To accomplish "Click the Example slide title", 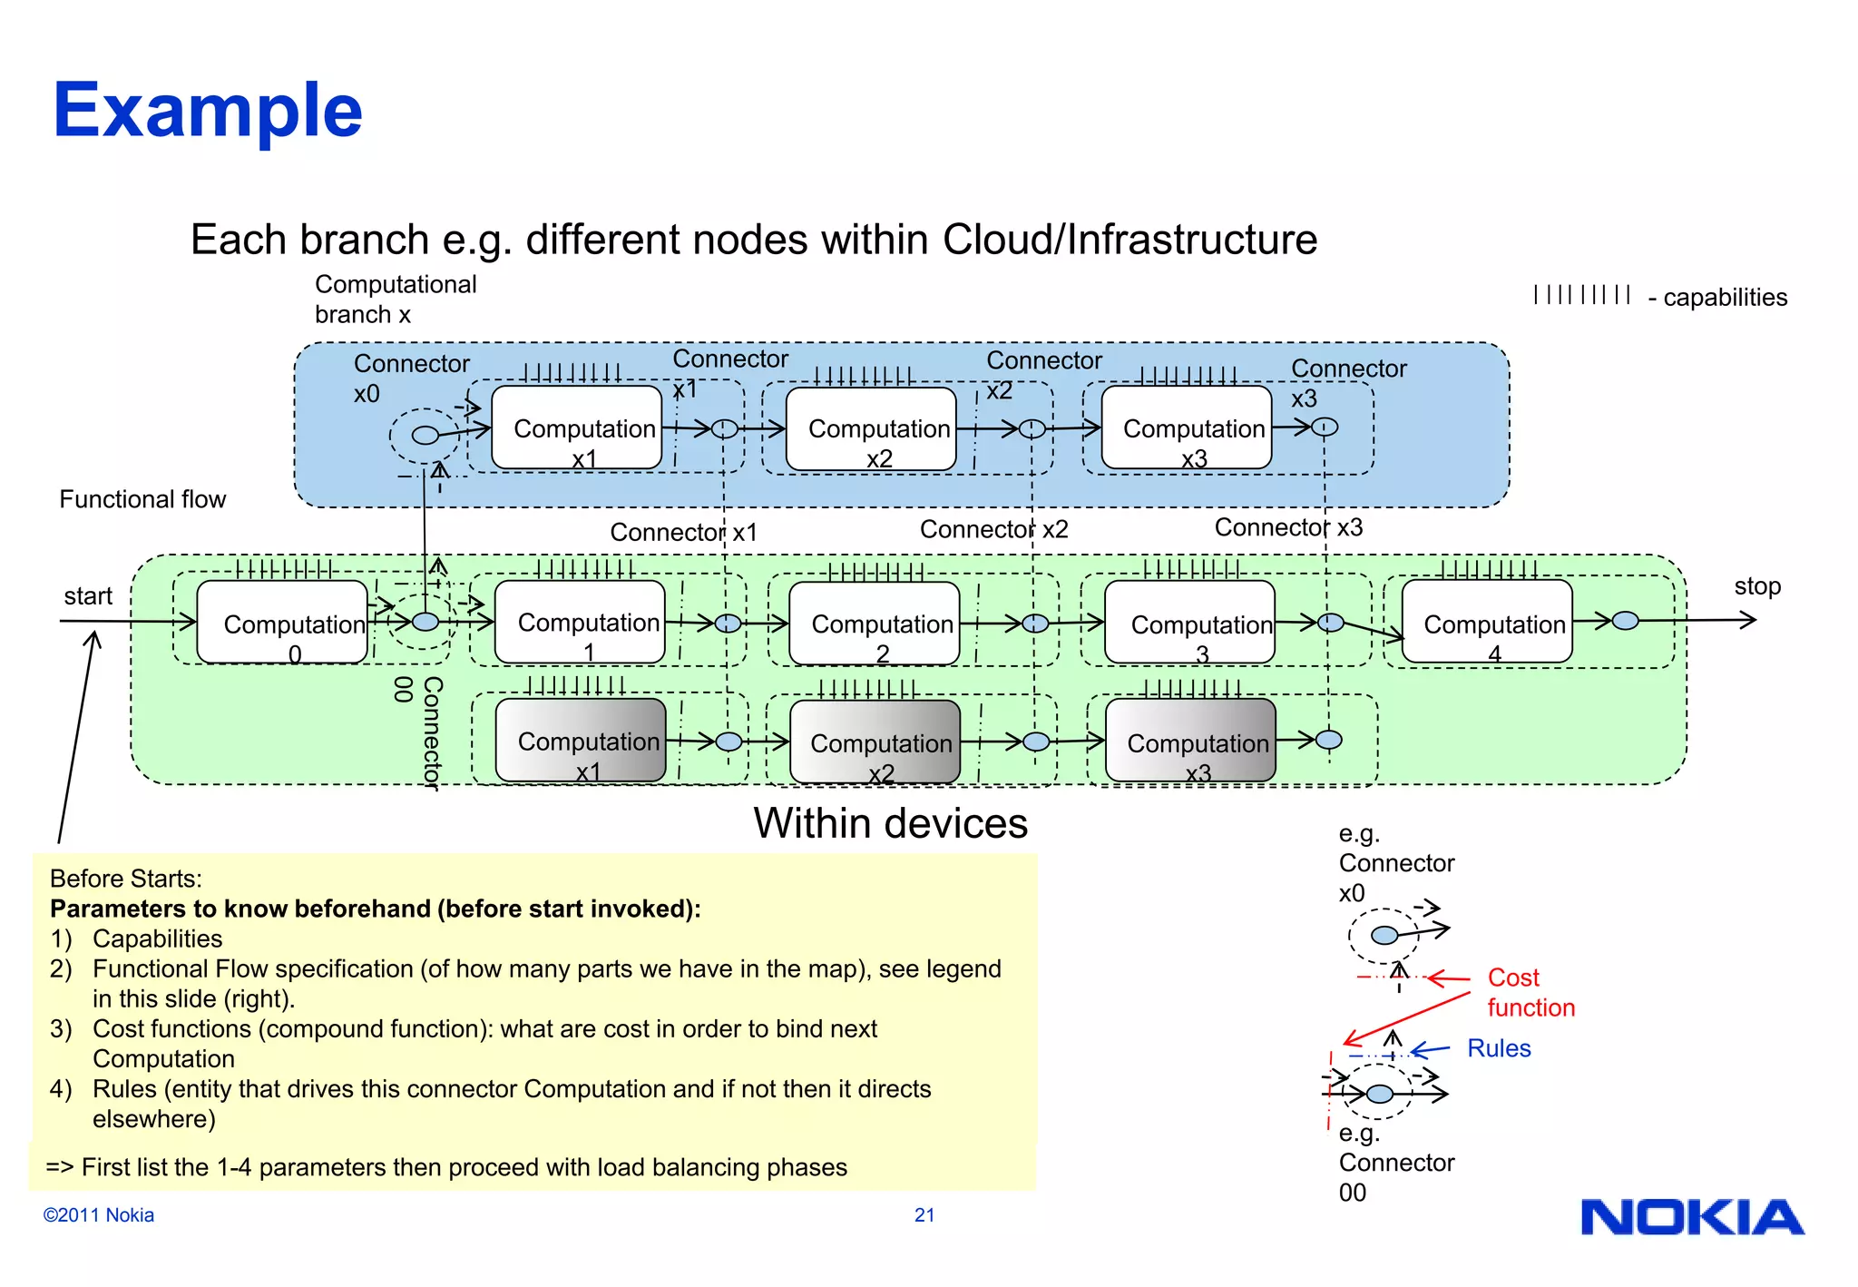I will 208,111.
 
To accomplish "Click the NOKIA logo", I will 1692,1218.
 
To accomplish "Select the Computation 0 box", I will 282,623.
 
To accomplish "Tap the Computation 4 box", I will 1487,623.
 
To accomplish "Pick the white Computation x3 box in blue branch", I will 1187,427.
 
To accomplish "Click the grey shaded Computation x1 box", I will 581,741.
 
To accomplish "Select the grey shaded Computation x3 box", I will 1190,741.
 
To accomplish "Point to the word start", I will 88,596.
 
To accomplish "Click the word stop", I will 1757,586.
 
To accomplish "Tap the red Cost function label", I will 1530,992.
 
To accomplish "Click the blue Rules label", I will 1499,1048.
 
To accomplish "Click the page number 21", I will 924,1215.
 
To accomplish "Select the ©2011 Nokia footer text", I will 99,1215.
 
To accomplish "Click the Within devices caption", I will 890,823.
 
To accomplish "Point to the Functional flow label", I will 142,499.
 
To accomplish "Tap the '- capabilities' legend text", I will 1717,298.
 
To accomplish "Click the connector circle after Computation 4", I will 1626,621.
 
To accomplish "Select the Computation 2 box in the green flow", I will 875,624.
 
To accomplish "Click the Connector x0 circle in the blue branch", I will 425,435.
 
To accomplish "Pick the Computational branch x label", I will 396,299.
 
